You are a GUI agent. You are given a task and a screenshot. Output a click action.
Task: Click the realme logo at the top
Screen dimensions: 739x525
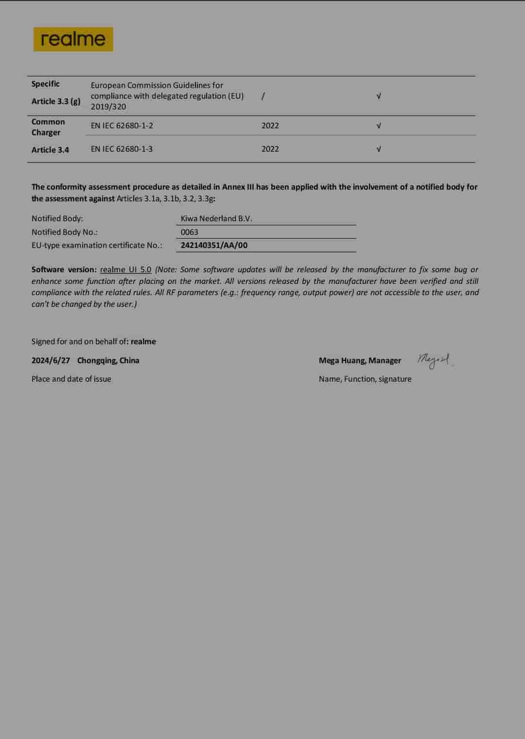point(73,39)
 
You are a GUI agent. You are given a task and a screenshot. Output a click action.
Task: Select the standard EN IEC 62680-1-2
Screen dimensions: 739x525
point(122,125)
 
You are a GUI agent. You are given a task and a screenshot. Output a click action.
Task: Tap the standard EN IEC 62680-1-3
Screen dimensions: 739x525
point(122,149)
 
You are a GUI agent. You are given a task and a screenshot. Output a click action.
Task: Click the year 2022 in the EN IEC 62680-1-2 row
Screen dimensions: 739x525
point(270,125)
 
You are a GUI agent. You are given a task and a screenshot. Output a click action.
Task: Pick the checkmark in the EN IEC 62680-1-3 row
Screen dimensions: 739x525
point(379,149)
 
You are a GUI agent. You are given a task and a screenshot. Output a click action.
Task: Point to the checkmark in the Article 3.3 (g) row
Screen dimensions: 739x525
point(379,96)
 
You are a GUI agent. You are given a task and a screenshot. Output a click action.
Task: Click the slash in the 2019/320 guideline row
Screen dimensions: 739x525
point(263,96)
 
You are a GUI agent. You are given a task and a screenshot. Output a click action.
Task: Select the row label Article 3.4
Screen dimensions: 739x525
point(50,150)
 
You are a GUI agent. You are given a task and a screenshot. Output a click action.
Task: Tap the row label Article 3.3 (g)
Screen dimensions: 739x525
point(56,101)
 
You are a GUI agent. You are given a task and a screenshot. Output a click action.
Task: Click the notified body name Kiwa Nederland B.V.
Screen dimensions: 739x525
point(216,218)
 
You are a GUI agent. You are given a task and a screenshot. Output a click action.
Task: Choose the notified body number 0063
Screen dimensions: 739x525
point(190,232)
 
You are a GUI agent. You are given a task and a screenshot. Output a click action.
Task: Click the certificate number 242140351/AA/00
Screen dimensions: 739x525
point(214,245)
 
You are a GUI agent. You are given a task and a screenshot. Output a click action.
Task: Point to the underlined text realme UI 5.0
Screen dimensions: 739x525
point(126,269)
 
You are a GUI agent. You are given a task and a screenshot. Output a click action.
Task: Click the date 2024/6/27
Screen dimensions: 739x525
point(51,360)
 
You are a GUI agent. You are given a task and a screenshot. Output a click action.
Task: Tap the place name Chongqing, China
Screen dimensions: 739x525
point(108,360)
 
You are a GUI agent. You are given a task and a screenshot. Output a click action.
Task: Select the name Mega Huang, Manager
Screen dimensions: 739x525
point(360,360)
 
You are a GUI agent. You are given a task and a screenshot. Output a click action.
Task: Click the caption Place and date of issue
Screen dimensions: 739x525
point(71,379)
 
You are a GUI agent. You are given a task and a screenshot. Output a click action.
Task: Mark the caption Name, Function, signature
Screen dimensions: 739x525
point(365,379)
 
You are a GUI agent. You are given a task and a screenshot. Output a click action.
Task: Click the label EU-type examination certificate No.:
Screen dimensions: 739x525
point(97,245)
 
